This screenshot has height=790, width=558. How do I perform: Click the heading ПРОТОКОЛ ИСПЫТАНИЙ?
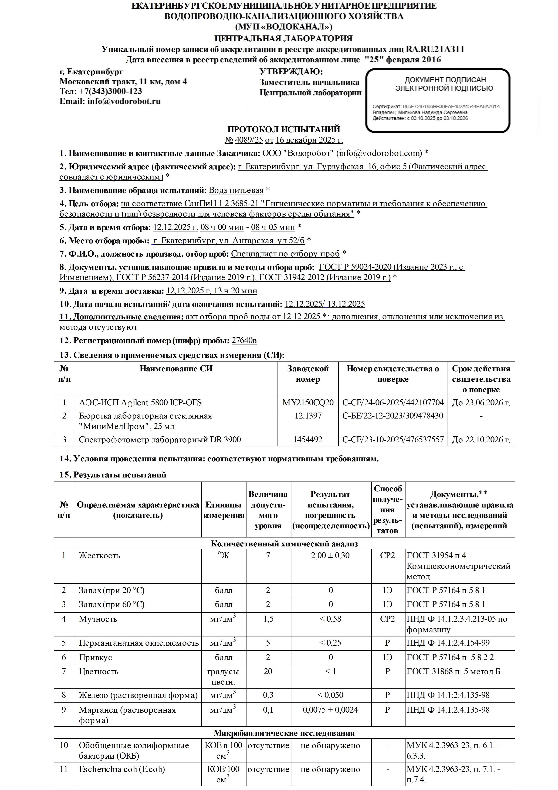(284, 129)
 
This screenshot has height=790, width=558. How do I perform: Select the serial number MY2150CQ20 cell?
(308, 403)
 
